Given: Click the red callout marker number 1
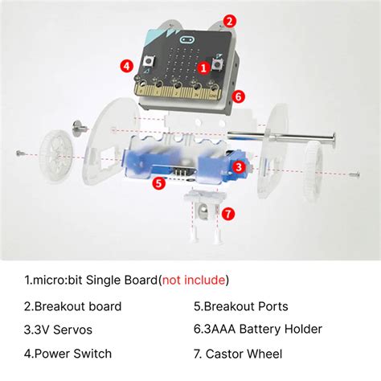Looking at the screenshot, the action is (x=203, y=68).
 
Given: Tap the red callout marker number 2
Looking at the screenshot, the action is (x=229, y=21).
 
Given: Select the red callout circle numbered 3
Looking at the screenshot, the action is (x=238, y=167).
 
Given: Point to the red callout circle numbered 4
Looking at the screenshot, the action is (x=127, y=66).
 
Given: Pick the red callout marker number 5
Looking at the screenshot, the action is (x=159, y=183).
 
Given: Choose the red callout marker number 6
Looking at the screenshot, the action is (x=239, y=96).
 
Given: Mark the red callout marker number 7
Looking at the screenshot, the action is (x=228, y=214).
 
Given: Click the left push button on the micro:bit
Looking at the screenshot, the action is (x=149, y=61).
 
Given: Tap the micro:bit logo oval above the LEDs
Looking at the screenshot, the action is (x=187, y=40).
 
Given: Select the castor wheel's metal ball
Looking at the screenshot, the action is (x=203, y=210).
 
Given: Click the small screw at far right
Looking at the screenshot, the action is (x=354, y=174).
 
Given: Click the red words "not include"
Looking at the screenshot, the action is (x=194, y=280).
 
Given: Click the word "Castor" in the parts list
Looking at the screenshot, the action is (x=223, y=354).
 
